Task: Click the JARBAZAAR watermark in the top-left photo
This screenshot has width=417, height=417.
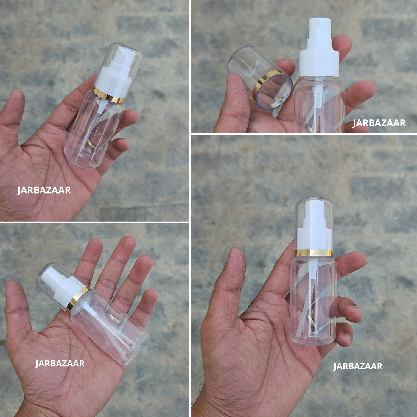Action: point(44,190)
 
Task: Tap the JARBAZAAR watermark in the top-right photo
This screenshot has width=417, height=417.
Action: point(379,123)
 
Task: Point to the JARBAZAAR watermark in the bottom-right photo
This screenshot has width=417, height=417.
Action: point(358,366)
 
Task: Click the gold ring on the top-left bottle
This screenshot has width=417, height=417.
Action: point(109,94)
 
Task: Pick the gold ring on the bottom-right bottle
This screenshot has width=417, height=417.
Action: point(314,253)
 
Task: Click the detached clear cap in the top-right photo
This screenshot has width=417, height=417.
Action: point(260,78)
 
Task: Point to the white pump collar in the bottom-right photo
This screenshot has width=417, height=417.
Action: point(314,239)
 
